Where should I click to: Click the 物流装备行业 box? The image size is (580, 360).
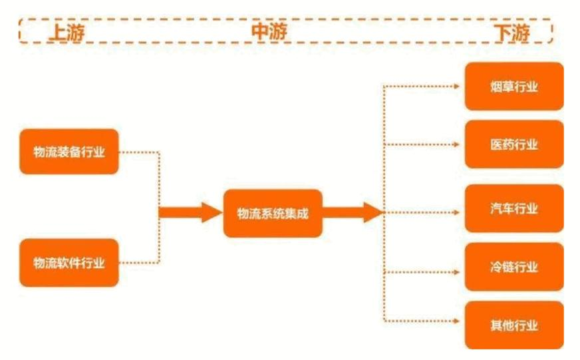click(x=69, y=152)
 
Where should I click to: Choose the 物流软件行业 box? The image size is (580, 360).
click(x=69, y=262)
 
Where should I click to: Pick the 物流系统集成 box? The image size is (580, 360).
click(x=273, y=213)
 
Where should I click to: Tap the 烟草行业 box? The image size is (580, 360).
click(x=514, y=87)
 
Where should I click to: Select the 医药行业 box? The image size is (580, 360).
click(x=514, y=144)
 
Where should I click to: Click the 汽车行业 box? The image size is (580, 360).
click(x=514, y=209)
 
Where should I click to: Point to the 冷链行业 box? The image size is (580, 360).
click(x=514, y=267)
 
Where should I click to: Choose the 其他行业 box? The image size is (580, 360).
click(x=514, y=325)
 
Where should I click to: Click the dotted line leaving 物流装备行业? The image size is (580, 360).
click(x=140, y=152)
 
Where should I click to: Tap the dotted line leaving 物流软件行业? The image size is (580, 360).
click(x=140, y=262)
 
